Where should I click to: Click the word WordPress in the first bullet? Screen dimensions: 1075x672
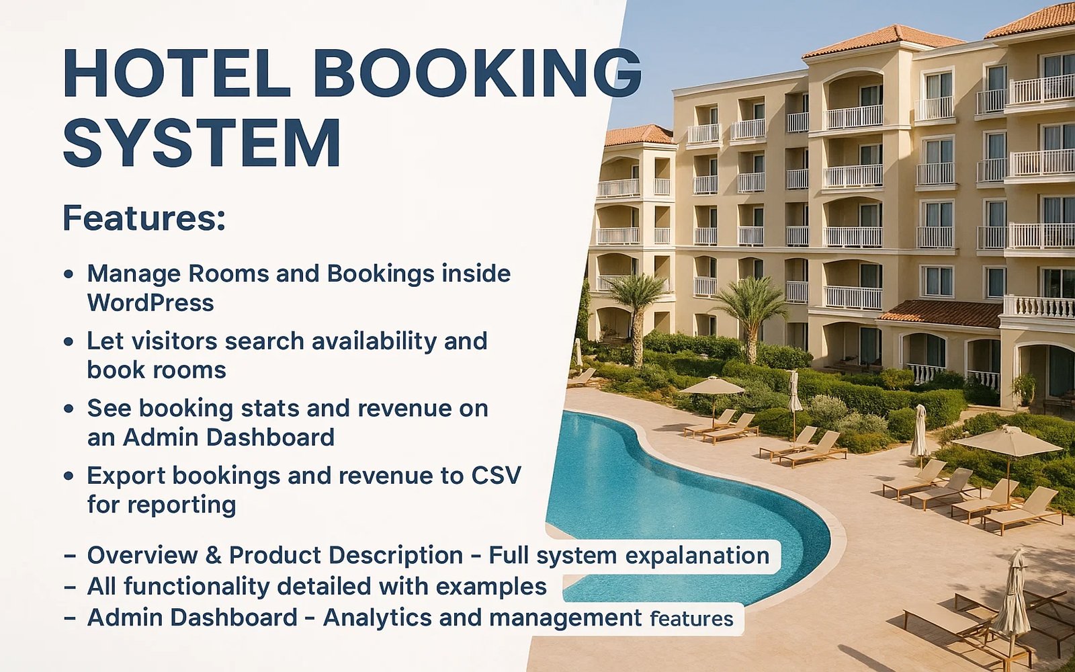click(150, 303)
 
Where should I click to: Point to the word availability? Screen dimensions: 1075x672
click(374, 341)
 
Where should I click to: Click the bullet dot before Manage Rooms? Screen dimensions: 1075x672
click(69, 275)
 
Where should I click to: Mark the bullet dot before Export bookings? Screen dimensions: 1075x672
click(69, 476)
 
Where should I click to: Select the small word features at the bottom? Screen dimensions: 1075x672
click(691, 619)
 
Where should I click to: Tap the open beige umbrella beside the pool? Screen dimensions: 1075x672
click(712, 386)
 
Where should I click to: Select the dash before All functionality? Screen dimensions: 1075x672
click(70, 587)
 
